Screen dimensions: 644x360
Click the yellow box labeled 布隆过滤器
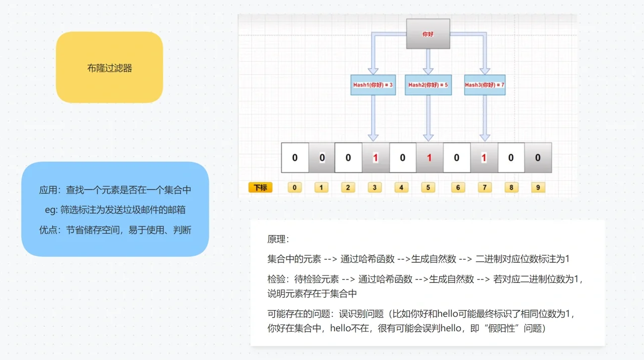(x=109, y=67)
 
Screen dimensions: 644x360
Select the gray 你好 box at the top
(x=428, y=34)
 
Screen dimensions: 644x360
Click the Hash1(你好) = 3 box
(x=372, y=85)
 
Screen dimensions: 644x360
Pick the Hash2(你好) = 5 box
(x=428, y=85)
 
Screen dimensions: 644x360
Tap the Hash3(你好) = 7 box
(x=485, y=85)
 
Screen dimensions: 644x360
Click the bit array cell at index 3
(x=375, y=158)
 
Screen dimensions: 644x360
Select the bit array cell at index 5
(x=429, y=158)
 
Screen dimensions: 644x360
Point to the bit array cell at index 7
(x=484, y=158)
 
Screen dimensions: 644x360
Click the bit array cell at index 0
(x=295, y=158)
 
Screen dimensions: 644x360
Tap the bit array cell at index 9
(x=538, y=158)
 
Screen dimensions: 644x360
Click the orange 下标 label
(x=260, y=188)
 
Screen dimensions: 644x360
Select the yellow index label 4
(x=401, y=188)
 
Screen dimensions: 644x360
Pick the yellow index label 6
(x=458, y=188)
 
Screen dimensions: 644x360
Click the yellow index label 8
(x=511, y=188)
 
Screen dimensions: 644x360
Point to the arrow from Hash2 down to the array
(x=428, y=118)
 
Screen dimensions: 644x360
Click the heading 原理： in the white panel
(x=278, y=239)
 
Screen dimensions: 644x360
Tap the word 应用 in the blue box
(x=48, y=190)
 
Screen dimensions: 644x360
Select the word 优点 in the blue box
(x=48, y=230)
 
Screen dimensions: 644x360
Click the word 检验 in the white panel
(x=276, y=279)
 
